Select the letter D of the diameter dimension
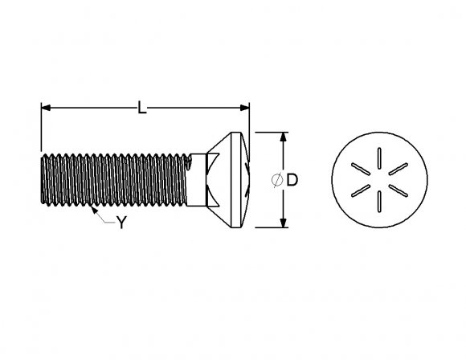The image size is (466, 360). pyautogui.click(x=292, y=181)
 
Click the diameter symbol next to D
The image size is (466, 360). pyautogui.click(x=277, y=181)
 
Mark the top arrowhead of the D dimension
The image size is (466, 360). pyautogui.click(x=283, y=137)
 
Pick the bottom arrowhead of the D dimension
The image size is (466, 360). pyautogui.click(x=283, y=223)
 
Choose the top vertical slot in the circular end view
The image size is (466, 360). pyautogui.click(x=378, y=157)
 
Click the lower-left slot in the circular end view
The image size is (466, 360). pyautogui.click(x=358, y=191)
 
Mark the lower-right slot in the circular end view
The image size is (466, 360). pyautogui.click(x=398, y=191)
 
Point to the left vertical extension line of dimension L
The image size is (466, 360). pyautogui.click(x=40, y=129)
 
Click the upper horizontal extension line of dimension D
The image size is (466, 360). pyautogui.click(x=269, y=132)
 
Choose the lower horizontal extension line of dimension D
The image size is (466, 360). pyautogui.click(x=269, y=228)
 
